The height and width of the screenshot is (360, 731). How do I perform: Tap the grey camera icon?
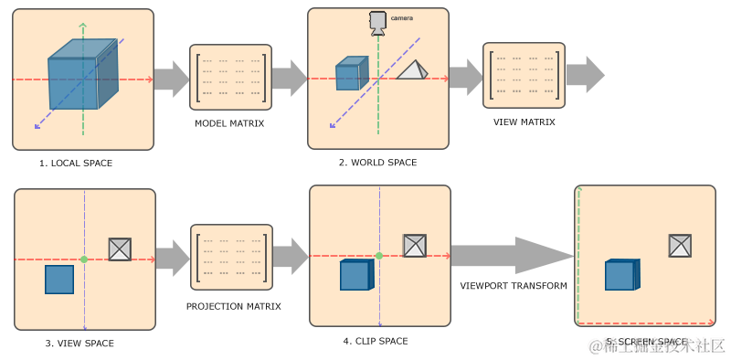tap(377, 23)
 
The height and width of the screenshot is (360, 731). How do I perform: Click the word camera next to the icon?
tap(401, 18)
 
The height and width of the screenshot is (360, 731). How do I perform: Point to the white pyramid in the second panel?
tap(412, 70)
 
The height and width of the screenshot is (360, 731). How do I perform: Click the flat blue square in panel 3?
tap(59, 279)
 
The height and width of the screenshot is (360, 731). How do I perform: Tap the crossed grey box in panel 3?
tap(120, 249)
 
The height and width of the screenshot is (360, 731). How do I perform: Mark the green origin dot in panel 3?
tap(84, 259)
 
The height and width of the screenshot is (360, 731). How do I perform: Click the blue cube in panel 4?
tap(355, 275)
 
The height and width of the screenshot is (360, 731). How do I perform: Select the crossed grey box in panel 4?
tap(415, 246)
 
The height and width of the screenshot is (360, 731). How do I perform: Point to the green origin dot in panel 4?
tap(379, 256)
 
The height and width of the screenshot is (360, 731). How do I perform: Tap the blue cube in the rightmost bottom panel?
tap(621, 274)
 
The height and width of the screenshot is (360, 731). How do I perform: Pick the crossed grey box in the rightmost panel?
tap(680, 246)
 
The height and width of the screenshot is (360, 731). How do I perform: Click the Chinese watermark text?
tap(656, 344)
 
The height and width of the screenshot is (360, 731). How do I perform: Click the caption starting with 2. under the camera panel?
tap(377, 163)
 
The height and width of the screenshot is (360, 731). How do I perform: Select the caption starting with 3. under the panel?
tap(79, 344)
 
